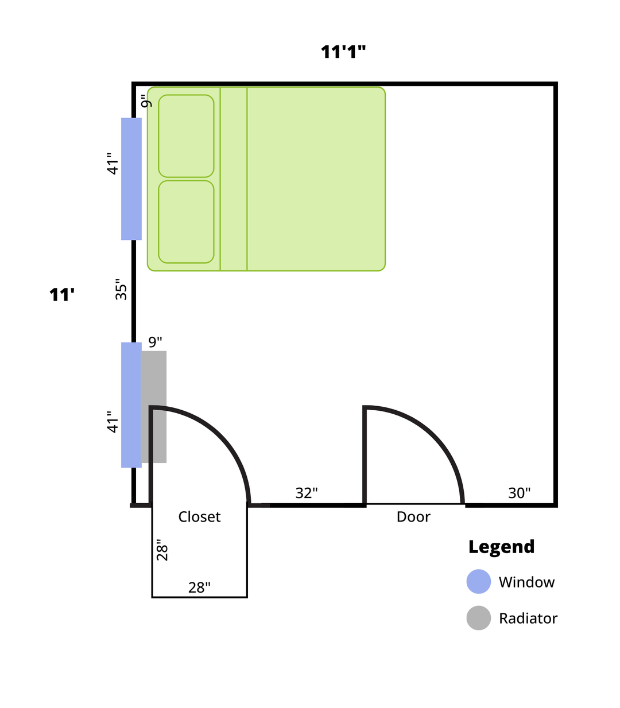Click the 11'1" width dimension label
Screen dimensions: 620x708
tap(343, 52)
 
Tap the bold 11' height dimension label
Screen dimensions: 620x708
tap(61, 295)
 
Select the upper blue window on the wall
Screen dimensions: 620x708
tap(131, 179)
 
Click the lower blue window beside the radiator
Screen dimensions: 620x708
tap(131, 405)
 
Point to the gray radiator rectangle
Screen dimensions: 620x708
tap(154, 407)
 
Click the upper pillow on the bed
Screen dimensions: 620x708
tap(186, 136)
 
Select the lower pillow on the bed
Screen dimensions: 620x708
tap(186, 222)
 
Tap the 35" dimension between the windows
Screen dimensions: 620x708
tap(121, 289)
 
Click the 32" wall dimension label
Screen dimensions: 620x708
tap(307, 493)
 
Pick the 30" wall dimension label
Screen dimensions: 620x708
tap(520, 493)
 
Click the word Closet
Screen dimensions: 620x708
tap(199, 517)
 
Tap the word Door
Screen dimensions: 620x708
tap(413, 517)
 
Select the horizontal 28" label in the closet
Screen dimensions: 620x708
tap(199, 588)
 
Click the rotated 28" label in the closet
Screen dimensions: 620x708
tap(162, 550)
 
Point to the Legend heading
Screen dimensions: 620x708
tap(502, 547)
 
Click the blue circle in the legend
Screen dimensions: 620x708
tap(479, 581)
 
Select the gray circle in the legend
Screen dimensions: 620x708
tap(479, 618)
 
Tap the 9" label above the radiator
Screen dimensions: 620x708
tap(155, 342)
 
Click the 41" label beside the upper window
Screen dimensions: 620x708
tap(113, 164)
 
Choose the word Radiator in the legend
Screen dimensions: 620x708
tap(528, 618)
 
